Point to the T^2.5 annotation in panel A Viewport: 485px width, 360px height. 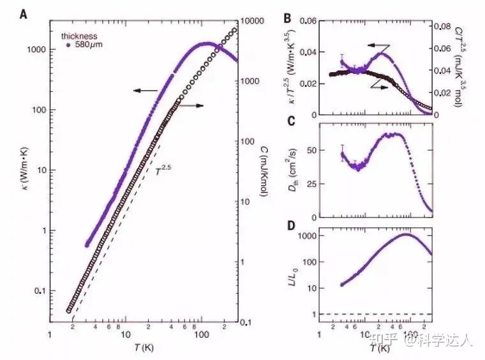(x=164, y=170)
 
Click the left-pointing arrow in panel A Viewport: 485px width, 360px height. (x=145, y=91)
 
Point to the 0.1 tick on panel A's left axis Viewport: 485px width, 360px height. (x=39, y=291)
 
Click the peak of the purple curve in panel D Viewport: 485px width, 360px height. (x=407, y=234)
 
